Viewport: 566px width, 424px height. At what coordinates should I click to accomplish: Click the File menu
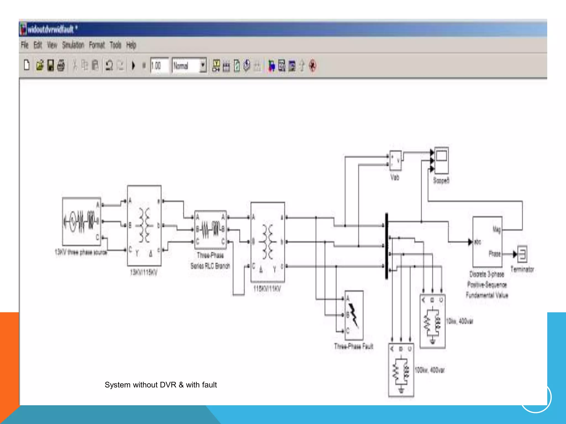tap(25, 45)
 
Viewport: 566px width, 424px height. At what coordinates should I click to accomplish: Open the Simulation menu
tap(73, 45)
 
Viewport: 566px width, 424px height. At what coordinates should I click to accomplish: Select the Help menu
tap(131, 45)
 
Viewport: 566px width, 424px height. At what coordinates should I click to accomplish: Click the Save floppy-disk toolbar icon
tap(51, 66)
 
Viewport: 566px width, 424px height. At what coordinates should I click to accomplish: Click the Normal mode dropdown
tap(189, 66)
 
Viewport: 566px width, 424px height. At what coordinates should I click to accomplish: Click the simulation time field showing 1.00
tap(159, 66)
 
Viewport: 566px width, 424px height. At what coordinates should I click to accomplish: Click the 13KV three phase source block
tap(82, 221)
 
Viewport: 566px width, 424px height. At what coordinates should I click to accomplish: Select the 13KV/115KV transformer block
tap(144, 225)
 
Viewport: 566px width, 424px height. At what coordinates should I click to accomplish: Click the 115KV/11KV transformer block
tap(268, 242)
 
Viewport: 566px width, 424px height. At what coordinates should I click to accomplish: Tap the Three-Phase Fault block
tap(354, 315)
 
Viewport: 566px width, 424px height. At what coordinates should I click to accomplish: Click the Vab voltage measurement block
tap(395, 160)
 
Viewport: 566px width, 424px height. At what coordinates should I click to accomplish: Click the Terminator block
tap(522, 254)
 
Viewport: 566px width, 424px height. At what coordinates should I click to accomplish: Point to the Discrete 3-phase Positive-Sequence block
tap(487, 242)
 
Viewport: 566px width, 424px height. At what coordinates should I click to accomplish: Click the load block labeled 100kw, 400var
tap(401, 370)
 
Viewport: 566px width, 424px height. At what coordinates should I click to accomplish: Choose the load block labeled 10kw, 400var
tap(433, 321)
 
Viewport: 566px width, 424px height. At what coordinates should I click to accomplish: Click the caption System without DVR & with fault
tap(161, 385)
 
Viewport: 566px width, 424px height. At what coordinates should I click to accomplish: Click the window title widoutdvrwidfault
tap(51, 29)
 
